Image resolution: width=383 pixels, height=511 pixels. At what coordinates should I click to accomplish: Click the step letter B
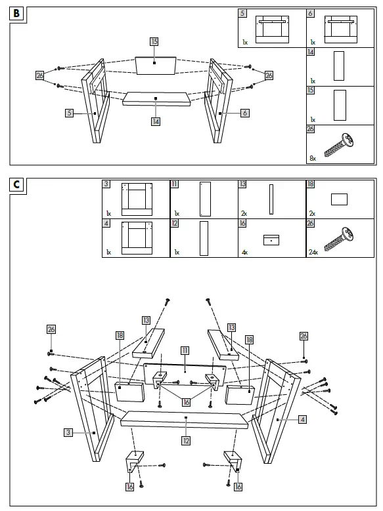17,13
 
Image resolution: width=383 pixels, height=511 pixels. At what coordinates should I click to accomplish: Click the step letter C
17,185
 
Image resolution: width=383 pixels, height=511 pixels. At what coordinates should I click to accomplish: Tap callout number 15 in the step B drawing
154,41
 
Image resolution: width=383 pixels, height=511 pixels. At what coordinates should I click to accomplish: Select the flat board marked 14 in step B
156,99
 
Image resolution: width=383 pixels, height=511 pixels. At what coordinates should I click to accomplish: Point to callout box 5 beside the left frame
69,113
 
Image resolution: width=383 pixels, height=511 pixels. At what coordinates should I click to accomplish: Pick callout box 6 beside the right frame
245,113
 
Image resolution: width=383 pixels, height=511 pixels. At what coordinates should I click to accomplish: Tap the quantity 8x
313,157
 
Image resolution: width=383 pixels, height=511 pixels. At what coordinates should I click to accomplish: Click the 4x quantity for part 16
246,252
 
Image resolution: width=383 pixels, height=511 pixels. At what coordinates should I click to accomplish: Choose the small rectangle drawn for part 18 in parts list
339,199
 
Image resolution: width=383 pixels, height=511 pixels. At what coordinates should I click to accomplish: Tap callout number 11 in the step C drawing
185,350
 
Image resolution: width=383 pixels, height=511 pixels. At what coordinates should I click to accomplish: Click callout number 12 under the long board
186,441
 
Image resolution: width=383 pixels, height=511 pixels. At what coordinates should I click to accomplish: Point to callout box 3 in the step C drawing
68,432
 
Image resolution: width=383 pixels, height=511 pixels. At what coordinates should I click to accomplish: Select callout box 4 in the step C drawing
300,419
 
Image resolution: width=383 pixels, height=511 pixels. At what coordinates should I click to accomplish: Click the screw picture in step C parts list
342,237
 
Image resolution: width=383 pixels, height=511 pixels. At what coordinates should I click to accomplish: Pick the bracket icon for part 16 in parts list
270,240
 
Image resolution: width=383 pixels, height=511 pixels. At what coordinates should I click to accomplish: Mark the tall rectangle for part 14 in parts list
339,66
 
